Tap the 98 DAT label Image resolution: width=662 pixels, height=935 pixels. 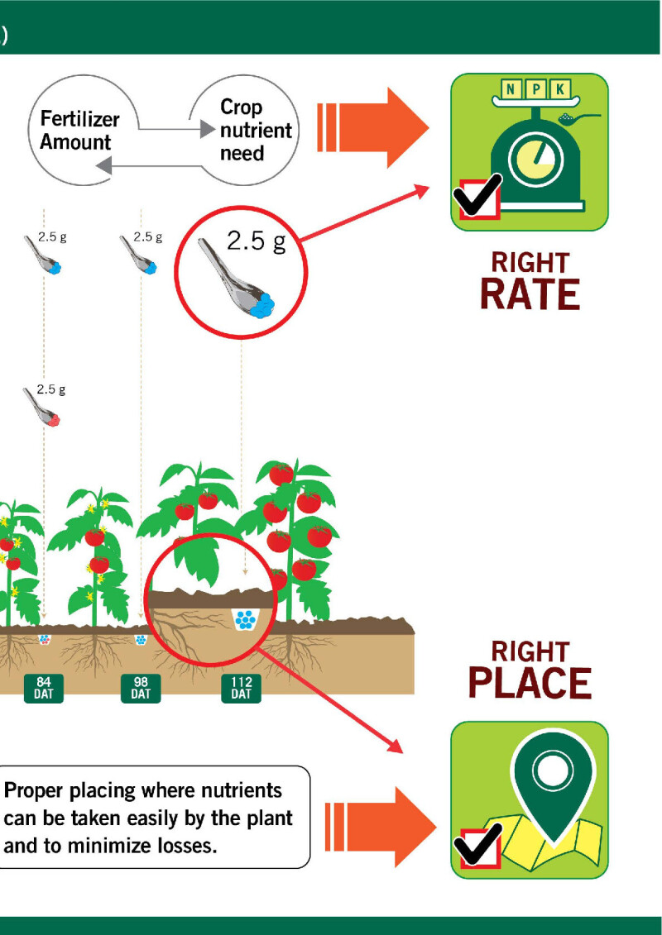[141, 688]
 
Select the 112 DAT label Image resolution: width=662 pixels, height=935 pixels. [241, 688]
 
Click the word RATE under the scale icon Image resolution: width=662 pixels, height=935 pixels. [530, 295]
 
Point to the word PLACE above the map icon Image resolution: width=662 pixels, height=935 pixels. [530, 683]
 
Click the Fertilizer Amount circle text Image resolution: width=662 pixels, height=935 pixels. [79, 131]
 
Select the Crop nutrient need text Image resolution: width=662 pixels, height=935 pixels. [255, 130]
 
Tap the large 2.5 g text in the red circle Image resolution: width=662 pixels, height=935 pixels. [256, 242]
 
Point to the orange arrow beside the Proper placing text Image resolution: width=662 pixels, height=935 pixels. [379, 826]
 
